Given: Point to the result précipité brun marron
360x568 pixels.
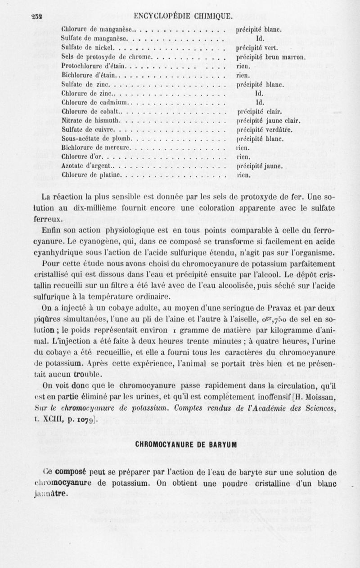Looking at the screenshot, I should (271, 57).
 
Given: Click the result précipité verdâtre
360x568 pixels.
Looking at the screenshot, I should (264, 130).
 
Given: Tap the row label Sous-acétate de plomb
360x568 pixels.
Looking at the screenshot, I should (95, 138).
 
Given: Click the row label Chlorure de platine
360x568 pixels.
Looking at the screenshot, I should (91, 174).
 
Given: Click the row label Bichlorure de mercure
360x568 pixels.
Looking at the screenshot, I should (95, 148).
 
